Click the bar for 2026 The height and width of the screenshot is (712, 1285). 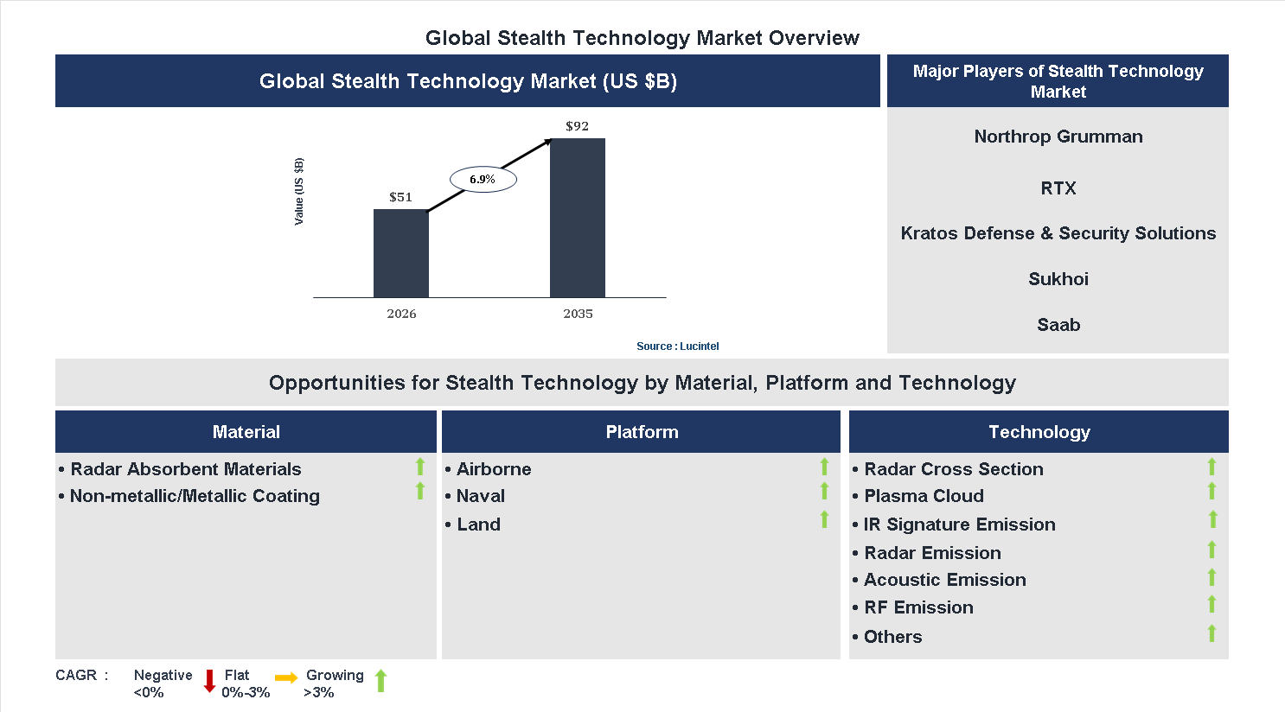click(x=400, y=253)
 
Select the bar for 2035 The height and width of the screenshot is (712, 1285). click(x=577, y=218)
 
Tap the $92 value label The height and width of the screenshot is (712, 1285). click(x=577, y=126)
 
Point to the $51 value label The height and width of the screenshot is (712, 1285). click(x=400, y=197)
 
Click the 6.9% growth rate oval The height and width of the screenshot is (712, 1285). click(x=483, y=180)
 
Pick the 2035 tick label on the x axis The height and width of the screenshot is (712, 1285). click(x=578, y=314)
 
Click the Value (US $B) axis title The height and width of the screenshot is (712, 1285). click(x=299, y=192)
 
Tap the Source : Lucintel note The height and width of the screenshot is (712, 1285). click(x=677, y=346)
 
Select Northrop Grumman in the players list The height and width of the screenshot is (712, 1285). click(x=1058, y=137)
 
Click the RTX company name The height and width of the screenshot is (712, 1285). click(x=1058, y=188)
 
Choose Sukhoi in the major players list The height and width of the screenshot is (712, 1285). click(x=1058, y=279)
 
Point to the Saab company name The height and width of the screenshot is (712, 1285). click(x=1058, y=325)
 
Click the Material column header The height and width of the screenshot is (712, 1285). click(x=246, y=432)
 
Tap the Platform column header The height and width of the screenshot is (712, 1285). click(x=642, y=432)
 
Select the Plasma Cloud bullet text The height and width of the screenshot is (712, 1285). click(x=924, y=496)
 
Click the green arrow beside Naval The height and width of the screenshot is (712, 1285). click(x=824, y=492)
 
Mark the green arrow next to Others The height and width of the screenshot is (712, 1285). click(x=1211, y=633)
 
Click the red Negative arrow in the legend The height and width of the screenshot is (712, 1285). click(x=209, y=681)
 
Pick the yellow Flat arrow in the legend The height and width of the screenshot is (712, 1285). click(x=286, y=678)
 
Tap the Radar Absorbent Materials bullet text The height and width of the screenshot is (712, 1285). click(x=186, y=469)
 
